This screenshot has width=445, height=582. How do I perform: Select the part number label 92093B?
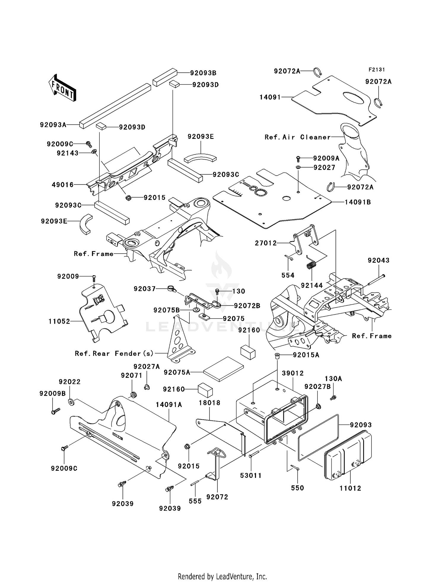tap(203, 73)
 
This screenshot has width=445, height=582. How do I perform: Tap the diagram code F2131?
tap(377, 70)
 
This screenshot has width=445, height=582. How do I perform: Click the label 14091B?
tap(358, 202)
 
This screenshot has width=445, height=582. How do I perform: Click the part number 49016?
tap(63, 185)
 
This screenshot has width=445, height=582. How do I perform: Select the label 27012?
tap(266, 243)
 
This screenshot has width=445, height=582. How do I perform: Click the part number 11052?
tap(59, 321)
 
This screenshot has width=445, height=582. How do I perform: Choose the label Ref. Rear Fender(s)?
tap(114, 353)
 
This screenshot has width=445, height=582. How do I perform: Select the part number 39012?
tap(293, 373)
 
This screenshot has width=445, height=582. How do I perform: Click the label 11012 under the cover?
tap(350, 488)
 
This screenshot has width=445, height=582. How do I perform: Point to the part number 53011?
tap(251, 476)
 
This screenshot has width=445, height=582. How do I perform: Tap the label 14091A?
tap(169, 405)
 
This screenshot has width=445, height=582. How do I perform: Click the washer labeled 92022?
tap(71, 402)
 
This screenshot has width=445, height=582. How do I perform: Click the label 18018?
tap(210, 403)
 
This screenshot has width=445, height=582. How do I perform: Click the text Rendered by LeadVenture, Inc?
tap(222, 576)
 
